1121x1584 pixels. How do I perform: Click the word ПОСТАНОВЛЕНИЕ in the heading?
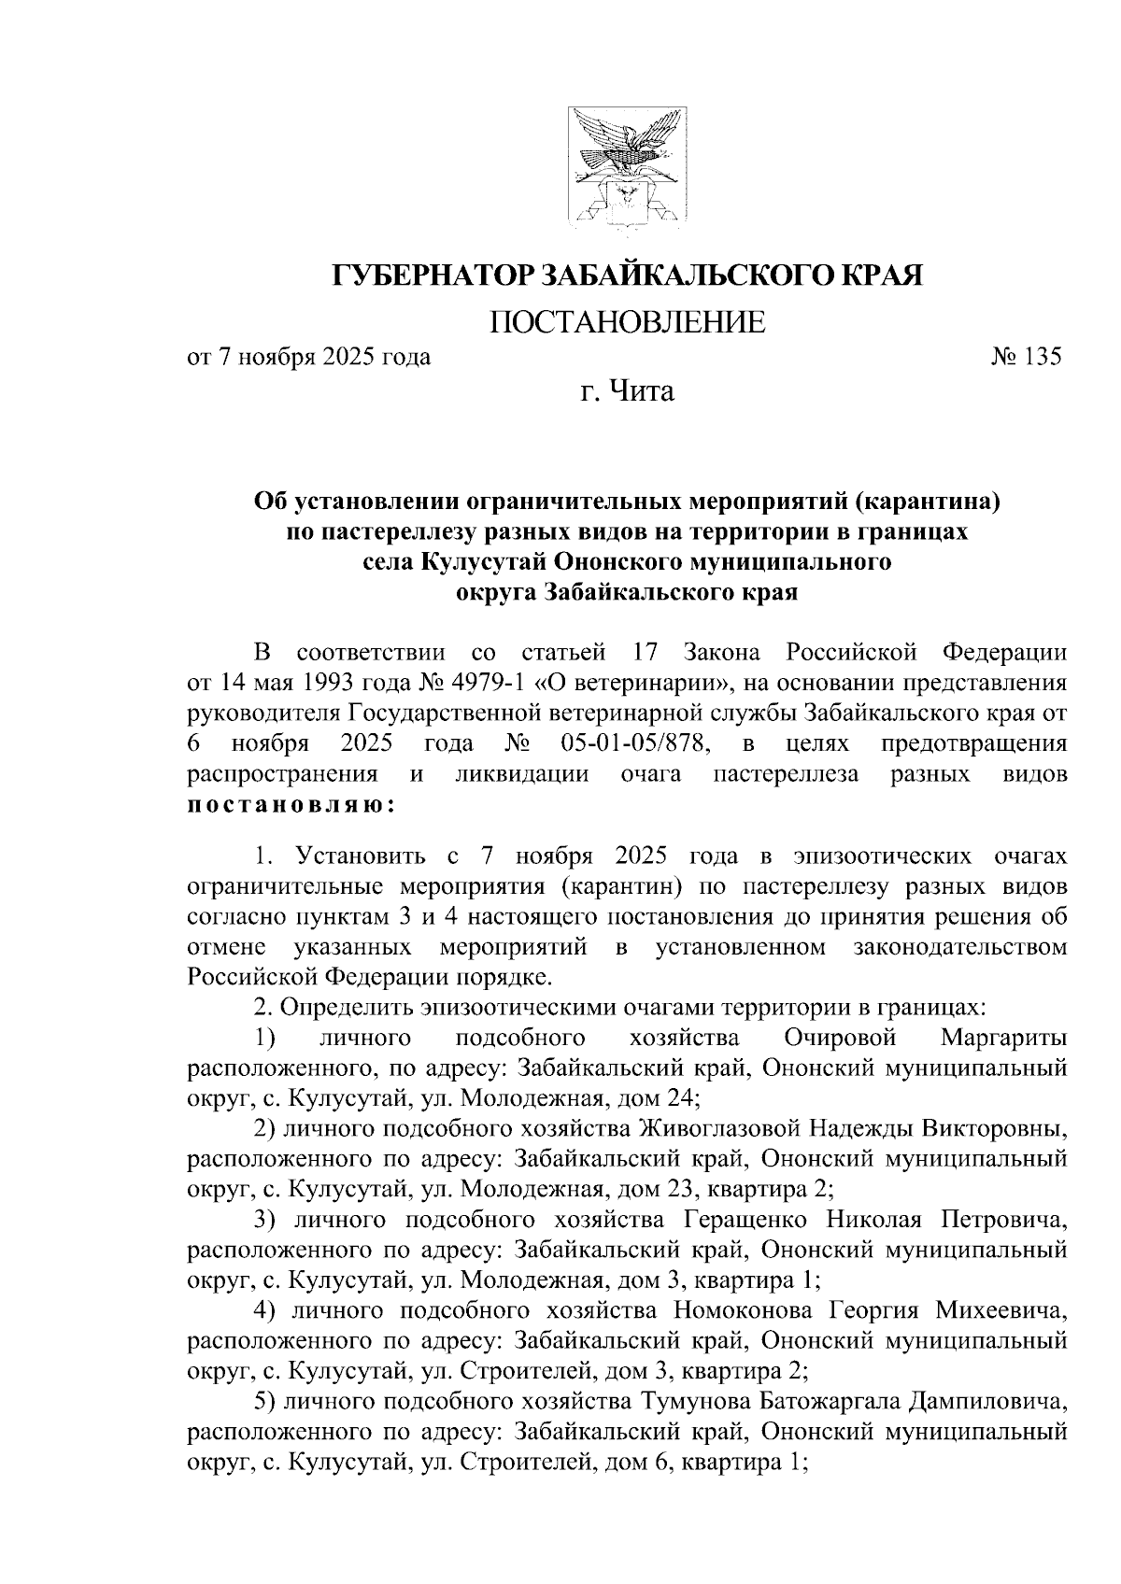tap(628, 323)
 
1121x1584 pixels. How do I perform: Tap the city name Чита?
tap(642, 390)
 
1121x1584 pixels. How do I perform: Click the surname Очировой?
tap(841, 1038)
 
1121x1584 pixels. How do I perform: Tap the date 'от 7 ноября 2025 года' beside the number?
tap(309, 357)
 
